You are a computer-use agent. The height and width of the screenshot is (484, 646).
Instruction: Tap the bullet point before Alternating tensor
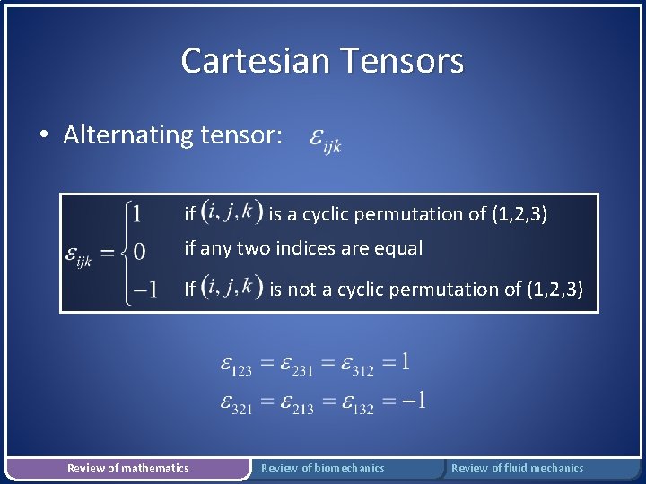pos(43,136)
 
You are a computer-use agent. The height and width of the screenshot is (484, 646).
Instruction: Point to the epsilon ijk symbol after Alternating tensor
pos(324,140)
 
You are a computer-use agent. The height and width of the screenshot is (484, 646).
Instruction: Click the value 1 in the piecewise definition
pos(135,213)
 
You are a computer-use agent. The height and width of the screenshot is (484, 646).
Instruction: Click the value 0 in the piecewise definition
pos(138,251)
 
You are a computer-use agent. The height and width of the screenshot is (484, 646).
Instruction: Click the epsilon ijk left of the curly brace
pos(78,255)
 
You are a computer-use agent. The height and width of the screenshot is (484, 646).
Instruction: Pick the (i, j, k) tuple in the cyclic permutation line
pos(231,212)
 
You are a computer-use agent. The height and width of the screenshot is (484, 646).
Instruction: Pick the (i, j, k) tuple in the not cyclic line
pos(231,288)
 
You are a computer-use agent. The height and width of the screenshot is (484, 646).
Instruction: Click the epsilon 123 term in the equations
pos(236,365)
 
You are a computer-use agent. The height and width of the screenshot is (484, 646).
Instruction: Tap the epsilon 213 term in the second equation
pos(297,402)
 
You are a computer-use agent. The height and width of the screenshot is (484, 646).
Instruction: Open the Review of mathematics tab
pos(128,468)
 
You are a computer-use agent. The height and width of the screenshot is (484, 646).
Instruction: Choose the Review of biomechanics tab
pos(322,468)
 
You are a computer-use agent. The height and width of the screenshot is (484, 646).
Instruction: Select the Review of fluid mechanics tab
pos(517,468)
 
